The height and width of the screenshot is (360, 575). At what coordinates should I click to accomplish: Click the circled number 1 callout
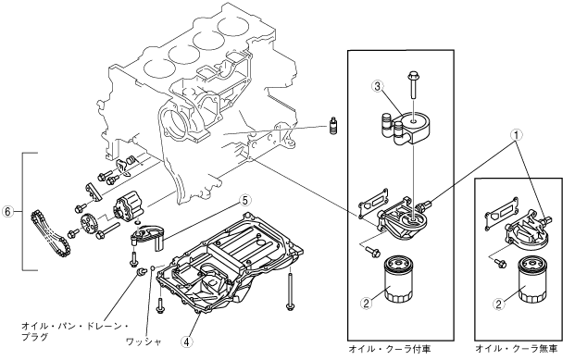click(516, 135)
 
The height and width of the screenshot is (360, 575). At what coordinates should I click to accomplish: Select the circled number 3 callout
click(378, 86)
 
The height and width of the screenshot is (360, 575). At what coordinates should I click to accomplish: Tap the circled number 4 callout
click(187, 342)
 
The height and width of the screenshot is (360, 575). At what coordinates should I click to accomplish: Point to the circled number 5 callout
click(245, 200)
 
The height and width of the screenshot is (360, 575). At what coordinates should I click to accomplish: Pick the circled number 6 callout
click(8, 211)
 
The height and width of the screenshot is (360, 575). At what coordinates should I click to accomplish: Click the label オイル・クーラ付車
click(390, 349)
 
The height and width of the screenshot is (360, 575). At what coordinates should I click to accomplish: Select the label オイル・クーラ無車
click(517, 349)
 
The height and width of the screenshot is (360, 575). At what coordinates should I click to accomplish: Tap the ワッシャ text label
click(144, 342)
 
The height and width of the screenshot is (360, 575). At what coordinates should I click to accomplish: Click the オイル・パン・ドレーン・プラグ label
click(74, 331)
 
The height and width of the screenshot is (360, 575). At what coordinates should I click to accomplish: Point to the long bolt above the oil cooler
click(413, 85)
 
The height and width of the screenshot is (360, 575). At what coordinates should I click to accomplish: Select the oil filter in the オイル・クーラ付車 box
click(399, 279)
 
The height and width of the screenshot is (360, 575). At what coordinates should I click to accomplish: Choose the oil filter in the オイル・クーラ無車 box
click(531, 279)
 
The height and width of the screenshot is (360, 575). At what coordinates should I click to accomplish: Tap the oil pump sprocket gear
click(89, 224)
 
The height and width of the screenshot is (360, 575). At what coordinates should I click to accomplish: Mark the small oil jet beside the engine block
click(333, 126)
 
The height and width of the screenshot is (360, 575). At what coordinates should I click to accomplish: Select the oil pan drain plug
click(139, 272)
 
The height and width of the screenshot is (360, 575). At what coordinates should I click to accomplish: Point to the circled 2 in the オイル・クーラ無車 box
click(498, 304)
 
